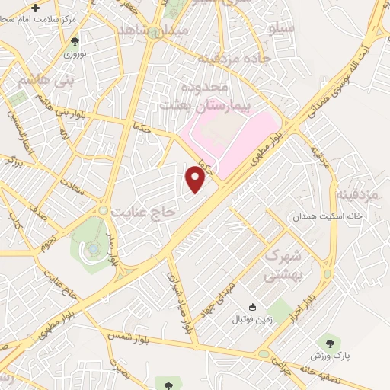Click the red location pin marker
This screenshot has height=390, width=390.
[196, 180]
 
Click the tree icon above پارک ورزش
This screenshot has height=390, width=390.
[329, 342]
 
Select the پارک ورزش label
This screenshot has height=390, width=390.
[328, 356]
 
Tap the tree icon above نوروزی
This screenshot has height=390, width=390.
[75, 42]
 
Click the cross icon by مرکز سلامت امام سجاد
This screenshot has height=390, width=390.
[36, 8]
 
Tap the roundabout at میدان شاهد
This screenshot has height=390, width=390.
[155, 32]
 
